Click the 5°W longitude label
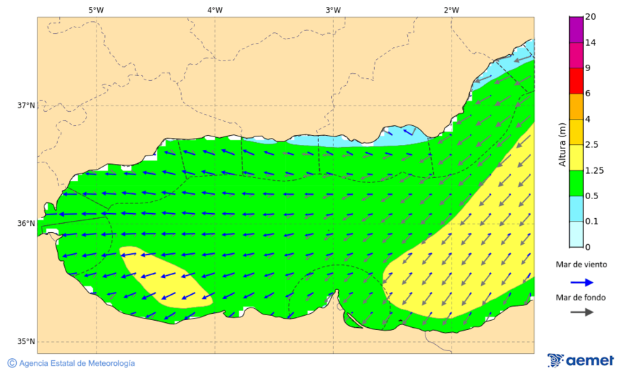coord(96,10)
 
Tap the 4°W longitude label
coord(215,10)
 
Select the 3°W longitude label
coord(333,10)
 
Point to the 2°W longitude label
coord(452,10)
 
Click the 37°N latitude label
coord(26,106)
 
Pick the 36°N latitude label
coord(26,224)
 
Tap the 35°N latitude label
coord(26,342)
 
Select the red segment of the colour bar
coord(576,80)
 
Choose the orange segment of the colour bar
coord(576,106)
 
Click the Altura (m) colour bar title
coord(562,144)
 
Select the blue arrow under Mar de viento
coord(580,281)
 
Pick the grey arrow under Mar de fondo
coord(580,312)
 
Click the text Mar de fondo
coord(580,297)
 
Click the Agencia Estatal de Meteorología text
coord(76,363)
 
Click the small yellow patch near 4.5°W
coord(166,279)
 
